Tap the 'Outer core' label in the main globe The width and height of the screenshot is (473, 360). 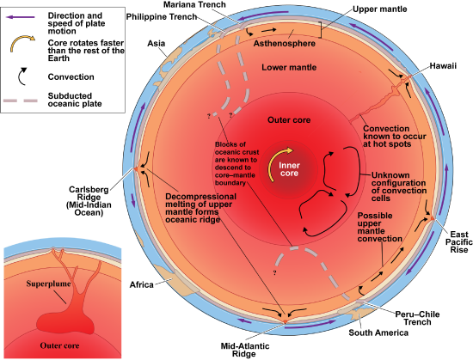(x=289, y=119)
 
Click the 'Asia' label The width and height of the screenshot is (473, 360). (x=157, y=43)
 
